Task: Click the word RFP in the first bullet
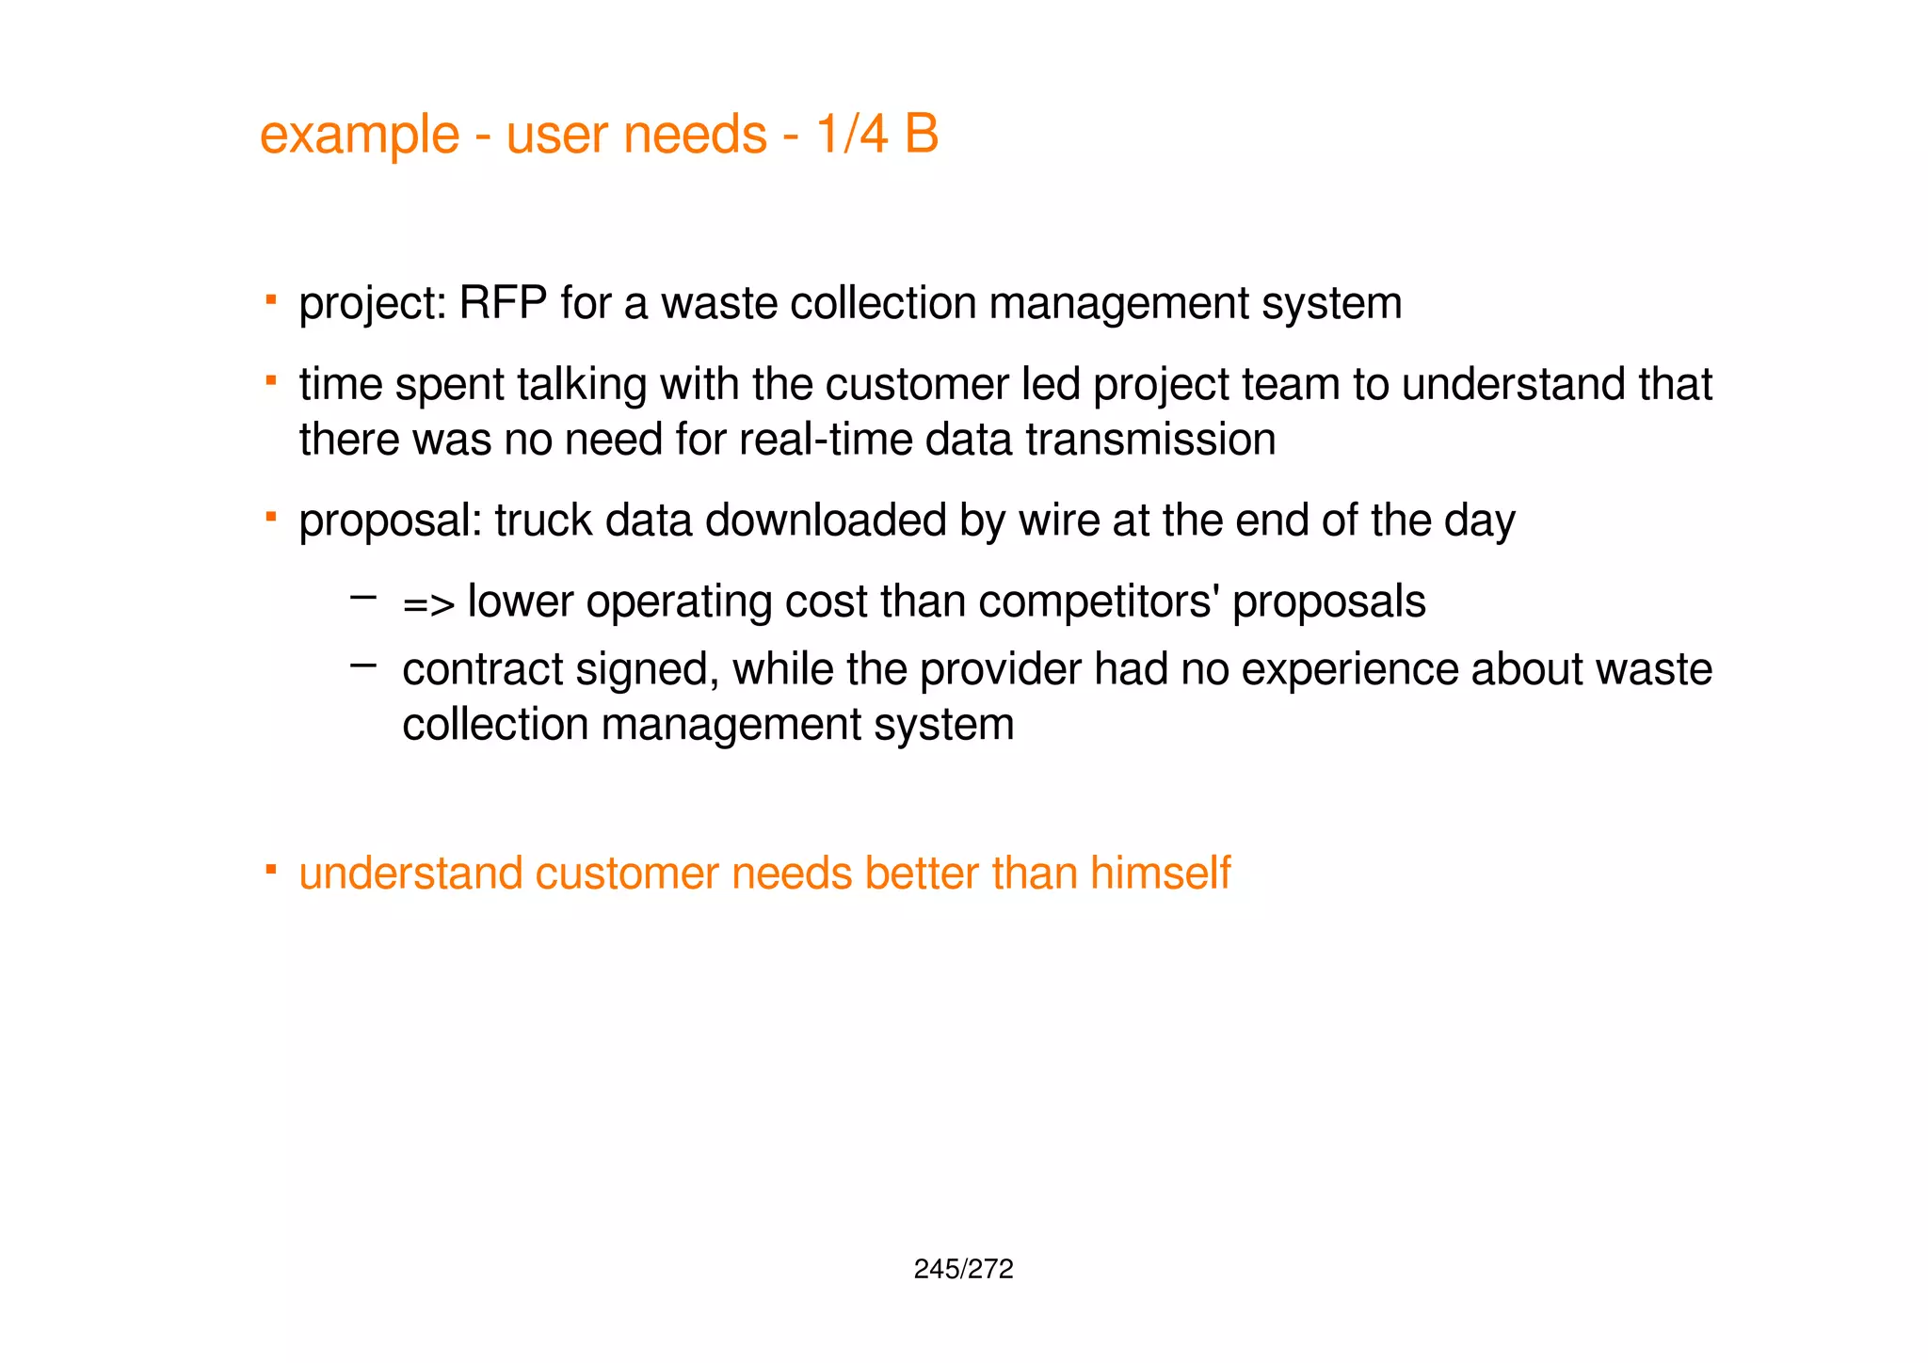point(503,304)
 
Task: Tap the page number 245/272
point(963,1270)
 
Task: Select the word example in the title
point(359,135)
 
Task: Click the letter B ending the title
point(922,134)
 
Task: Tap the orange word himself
point(1160,873)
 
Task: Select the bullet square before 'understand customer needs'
point(270,868)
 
